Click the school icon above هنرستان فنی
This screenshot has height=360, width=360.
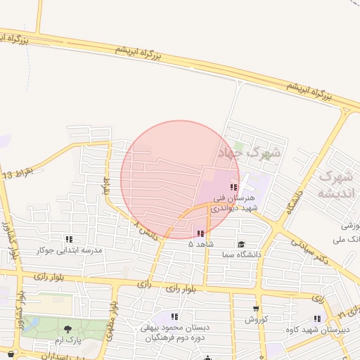pos(233,187)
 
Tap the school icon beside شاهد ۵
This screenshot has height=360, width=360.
pos(201,233)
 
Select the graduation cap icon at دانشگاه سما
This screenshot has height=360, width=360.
pos(241,245)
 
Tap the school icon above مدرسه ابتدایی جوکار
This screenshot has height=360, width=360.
pos(69,239)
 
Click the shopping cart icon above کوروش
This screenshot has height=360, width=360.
pos(255,308)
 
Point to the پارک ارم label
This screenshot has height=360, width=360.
pos(69,340)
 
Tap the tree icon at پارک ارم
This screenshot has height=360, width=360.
pos(67,328)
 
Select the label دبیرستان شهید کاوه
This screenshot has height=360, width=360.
pos(315,329)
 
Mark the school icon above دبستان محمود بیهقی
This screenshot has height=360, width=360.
pos(174,317)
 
